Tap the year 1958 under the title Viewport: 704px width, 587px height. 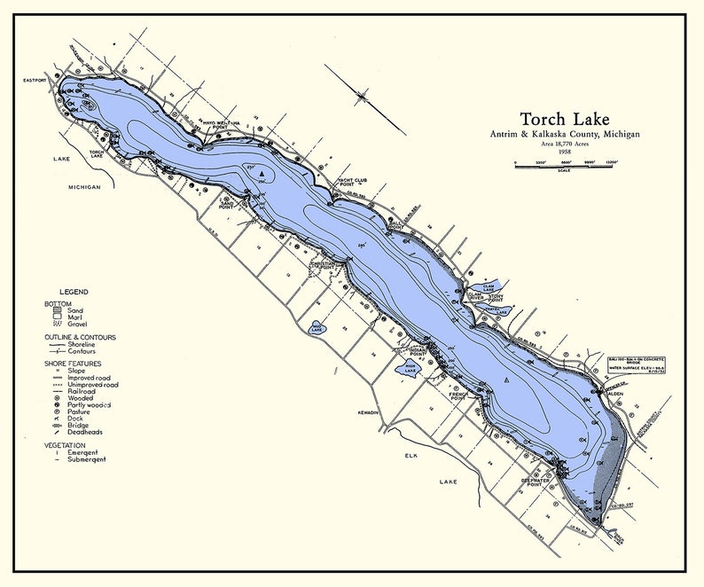coord(564,153)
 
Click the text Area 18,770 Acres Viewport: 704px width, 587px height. coord(564,144)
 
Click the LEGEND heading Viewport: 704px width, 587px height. coord(74,292)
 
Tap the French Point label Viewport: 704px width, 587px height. coord(458,396)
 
